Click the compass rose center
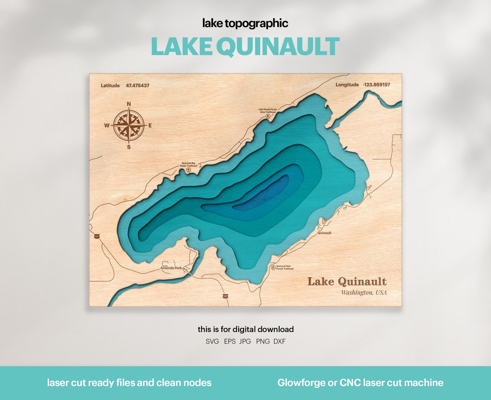point(129,125)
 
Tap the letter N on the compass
point(129,104)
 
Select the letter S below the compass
point(129,147)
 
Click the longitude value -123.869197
point(376,85)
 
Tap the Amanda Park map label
point(171,268)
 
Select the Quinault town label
point(325,233)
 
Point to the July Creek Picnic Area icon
point(268,116)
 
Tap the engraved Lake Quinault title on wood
point(347,281)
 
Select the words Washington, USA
point(364,293)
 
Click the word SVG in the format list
point(212,341)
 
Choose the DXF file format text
point(279,341)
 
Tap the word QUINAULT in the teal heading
point(278,47)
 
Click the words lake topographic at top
point(245,23)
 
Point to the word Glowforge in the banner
point(299,383)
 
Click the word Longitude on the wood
point(347,85)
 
